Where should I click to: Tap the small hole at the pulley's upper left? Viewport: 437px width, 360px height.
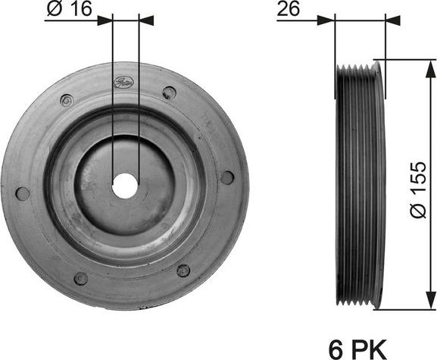[x=67, y=99]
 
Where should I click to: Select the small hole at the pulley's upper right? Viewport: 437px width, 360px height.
[x=169, y=92]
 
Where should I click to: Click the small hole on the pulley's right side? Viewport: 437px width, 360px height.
[x=226, y=177]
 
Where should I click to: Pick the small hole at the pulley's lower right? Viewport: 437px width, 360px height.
[x=183, y=270]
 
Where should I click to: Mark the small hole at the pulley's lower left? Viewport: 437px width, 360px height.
[x=81, y=278]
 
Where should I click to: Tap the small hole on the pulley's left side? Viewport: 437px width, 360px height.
[x=23, y=193]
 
